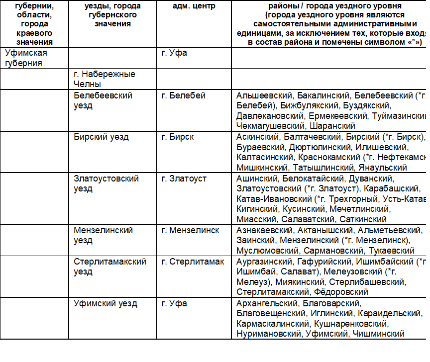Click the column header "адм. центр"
click(187, 6)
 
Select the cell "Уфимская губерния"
click(26, 58)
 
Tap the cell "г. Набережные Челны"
click(104, 79)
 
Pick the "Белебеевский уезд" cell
click(103, 100)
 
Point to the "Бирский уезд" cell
click(101, 137)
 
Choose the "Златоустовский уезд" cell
click(106, 183)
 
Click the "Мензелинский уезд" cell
click(103, 236)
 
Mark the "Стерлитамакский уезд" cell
click(110, 267)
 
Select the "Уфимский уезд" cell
click(106, 303)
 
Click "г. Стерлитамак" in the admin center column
click(193, 262)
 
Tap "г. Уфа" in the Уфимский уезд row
click(174, 303)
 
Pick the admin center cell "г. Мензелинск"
click(191, 230)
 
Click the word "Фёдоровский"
click(341, 292)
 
